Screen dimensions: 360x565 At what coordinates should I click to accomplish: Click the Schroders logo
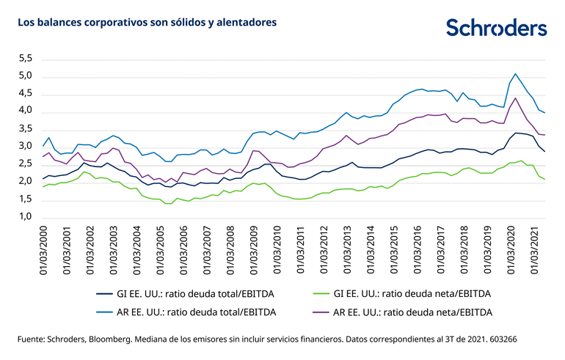pyautogui.click(x=496, y=28)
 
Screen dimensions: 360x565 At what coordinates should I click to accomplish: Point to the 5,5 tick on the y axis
pyautogui.click(x=25, y=58)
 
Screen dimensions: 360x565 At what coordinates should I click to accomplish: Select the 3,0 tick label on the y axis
pyautogui.click(x=25, y=146)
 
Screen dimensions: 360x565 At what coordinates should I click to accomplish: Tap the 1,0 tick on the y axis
pyautogui.click(x=25, y=217)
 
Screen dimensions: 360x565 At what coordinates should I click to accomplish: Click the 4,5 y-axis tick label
pyautogui.click(x=25, y=93)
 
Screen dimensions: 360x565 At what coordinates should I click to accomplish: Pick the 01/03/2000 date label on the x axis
pyautogui.click(x=45, y=249)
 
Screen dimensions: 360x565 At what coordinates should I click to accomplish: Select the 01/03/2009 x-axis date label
pyautogui.click(x=255, y=249)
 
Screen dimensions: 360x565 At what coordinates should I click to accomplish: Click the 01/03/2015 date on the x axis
pyautogui.click(x=394, y=249)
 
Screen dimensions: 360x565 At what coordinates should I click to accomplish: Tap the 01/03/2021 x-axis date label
pyautogui.click(x=533, y=249)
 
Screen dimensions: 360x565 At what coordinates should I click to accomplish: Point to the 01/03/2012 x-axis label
pyautogui.click(x=324, y=249)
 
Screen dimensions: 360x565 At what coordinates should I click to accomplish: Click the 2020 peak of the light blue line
pyautogui.click(x=516, y=73)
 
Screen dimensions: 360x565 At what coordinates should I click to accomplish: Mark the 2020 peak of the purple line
pyautogui.click(x=516, y=98)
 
